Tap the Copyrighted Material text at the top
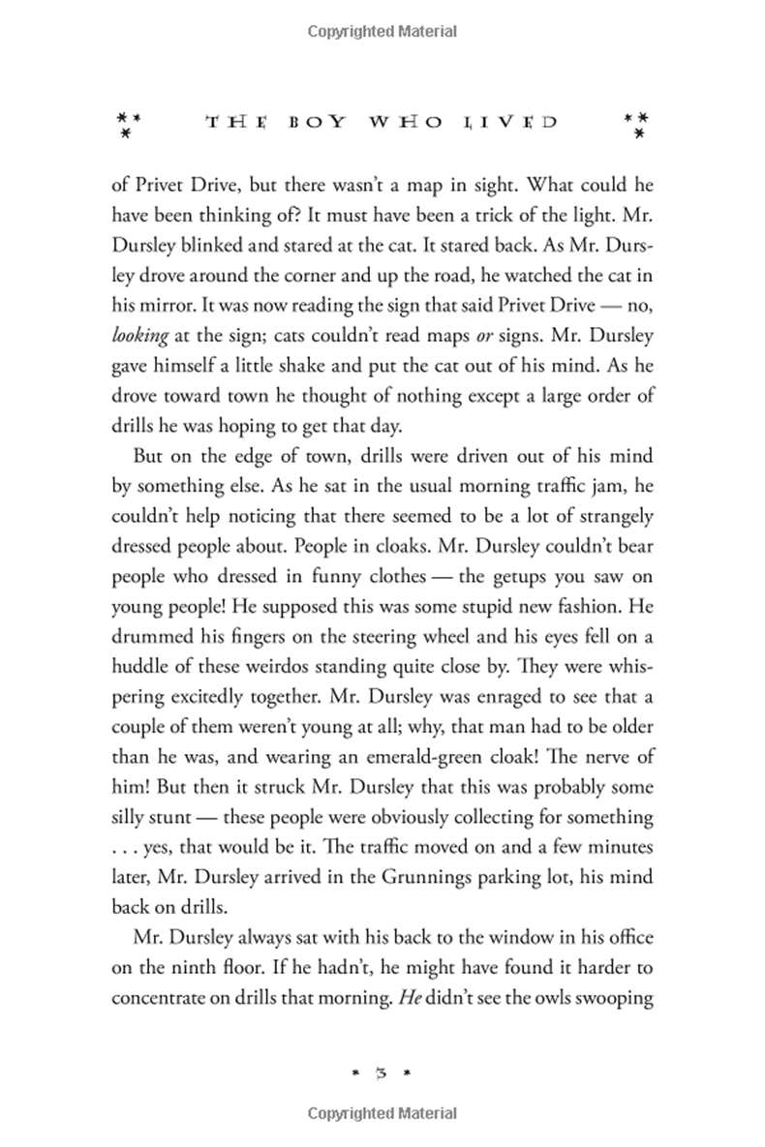(382, 32)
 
